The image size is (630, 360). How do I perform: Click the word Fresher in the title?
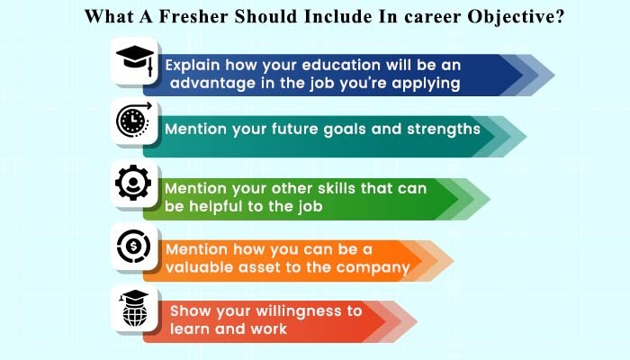pos(194,16)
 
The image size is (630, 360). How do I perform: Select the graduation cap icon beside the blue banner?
pos(135,60)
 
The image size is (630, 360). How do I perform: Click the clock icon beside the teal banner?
pos(134,120)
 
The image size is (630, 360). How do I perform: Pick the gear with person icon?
pos(133,183)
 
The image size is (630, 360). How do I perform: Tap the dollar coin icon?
pos(134,246)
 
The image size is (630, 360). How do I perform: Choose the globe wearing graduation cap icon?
pos(135,309)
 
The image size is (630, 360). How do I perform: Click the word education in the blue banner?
pos(341,65)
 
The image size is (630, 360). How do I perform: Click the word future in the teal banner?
pos(294,129)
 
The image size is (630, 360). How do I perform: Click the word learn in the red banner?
pos(190,329)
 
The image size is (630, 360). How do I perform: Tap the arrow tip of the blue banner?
pos(554,75)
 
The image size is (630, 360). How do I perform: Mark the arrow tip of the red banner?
pos(417,321)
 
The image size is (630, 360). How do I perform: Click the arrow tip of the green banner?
pos(490,199)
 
